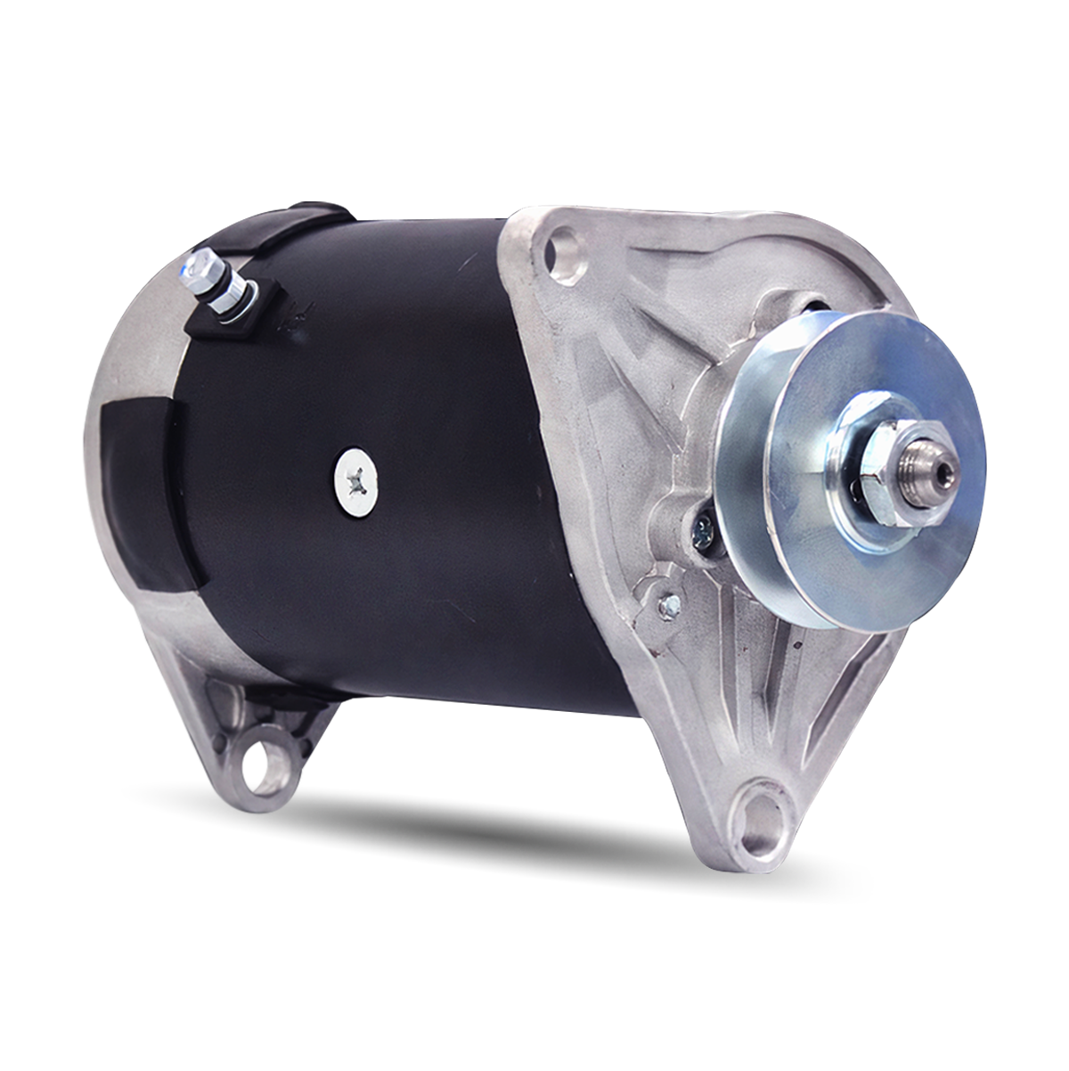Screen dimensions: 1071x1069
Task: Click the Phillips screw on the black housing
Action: tap(356, 482)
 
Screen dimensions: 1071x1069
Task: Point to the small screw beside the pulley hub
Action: tap(702, 533)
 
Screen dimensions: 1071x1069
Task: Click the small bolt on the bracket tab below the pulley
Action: tap(667, 605)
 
